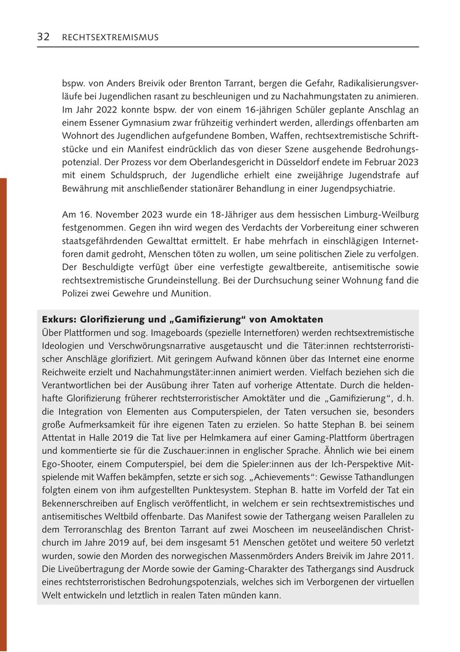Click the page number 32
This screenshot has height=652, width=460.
[43, 37]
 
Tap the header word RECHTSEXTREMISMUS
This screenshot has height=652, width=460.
[110, 37]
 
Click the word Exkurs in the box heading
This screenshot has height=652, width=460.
[57, 320]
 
